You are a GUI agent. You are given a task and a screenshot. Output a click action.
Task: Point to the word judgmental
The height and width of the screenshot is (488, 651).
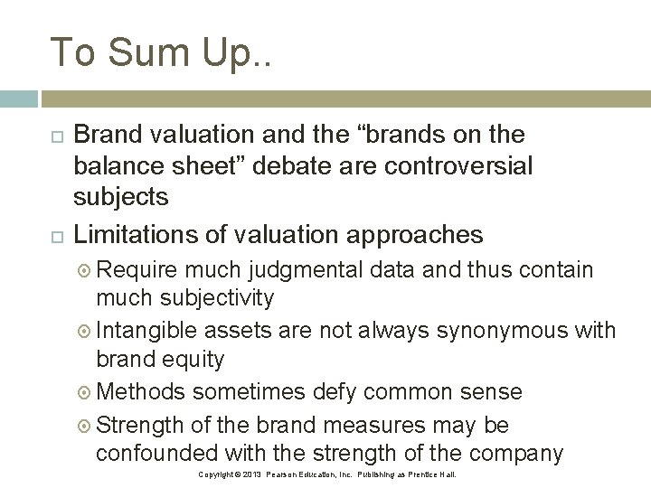tap(298, 270)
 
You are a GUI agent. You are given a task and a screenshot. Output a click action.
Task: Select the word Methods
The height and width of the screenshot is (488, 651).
tap(141, 391)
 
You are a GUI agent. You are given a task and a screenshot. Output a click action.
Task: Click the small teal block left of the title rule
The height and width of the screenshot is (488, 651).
tap(18, 99)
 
